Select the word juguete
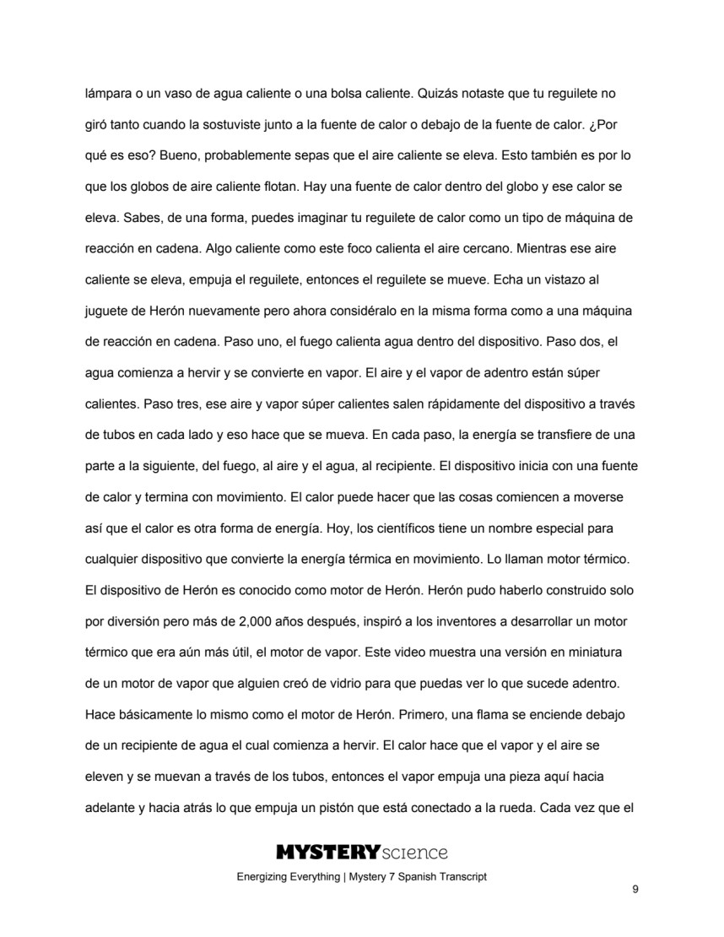click(107, 312)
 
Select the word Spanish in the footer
click(415, 877)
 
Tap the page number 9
click(634, 889)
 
